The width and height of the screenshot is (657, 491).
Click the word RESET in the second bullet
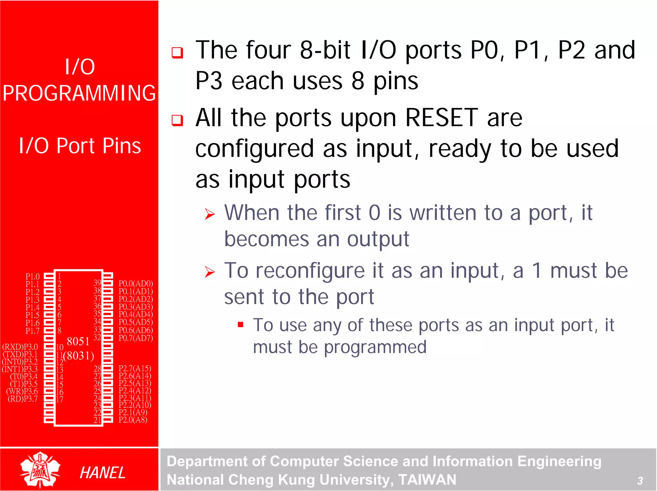pyautogui.click(x=442, y=118)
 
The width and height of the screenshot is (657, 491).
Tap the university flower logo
pyautogui.click(x=40, y=470)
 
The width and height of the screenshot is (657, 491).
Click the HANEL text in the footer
pyautogui.click(x=102, y=473)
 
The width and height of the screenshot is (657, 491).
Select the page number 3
pyautogui.click(x=640, y=480)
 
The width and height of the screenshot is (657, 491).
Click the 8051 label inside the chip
pyautogui.click(x=78, y=341)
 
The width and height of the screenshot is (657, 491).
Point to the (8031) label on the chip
pyautogui.click(x=79, y=356)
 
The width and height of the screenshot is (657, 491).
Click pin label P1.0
pyautogui.click(x=32, y=276)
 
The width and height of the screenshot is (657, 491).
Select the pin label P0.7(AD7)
pyautogui.click(x=136, y=338)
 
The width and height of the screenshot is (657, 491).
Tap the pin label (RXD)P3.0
pyautogui.click(x=20, y=347)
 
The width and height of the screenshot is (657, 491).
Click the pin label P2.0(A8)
pyautogui.click(x=133, y=420)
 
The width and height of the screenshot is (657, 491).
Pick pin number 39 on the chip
pyautogui.click(x=97, y=283)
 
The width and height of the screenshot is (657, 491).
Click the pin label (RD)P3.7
pyautogui.click(x=22, y=399)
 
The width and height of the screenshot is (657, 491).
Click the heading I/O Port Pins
pyautogui.click(x=80, y=146)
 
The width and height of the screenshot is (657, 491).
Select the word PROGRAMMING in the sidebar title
pyautogui.click(x=79, y=93)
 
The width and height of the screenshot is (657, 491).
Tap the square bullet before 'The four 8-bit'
pyautogui.click(x=177, y=52)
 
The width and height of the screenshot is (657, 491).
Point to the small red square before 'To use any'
pyautogui.click(x=241, y=325)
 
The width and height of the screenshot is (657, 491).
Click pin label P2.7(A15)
pyautogui.click(x=135, y=368)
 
